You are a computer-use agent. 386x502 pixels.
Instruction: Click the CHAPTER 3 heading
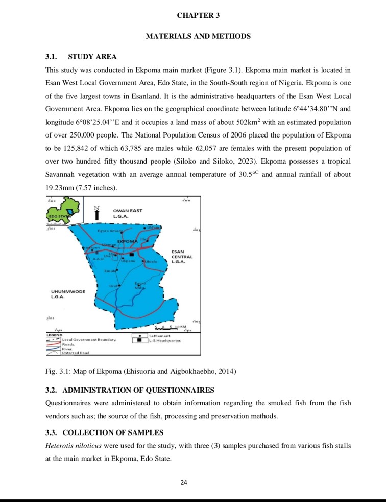(x=198, y=16)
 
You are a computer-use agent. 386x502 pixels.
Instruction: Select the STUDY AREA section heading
(x=92, y=56)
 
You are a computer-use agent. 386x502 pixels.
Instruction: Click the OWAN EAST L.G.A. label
(x=127, y=213)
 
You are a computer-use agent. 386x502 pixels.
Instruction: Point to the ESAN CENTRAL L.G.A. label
(x=182, y=257)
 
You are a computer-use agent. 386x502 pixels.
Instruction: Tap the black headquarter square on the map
(x=132, y=254)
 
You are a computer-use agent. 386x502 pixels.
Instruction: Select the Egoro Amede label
(x=110, y=232)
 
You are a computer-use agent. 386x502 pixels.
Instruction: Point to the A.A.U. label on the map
(x=98, y=259)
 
